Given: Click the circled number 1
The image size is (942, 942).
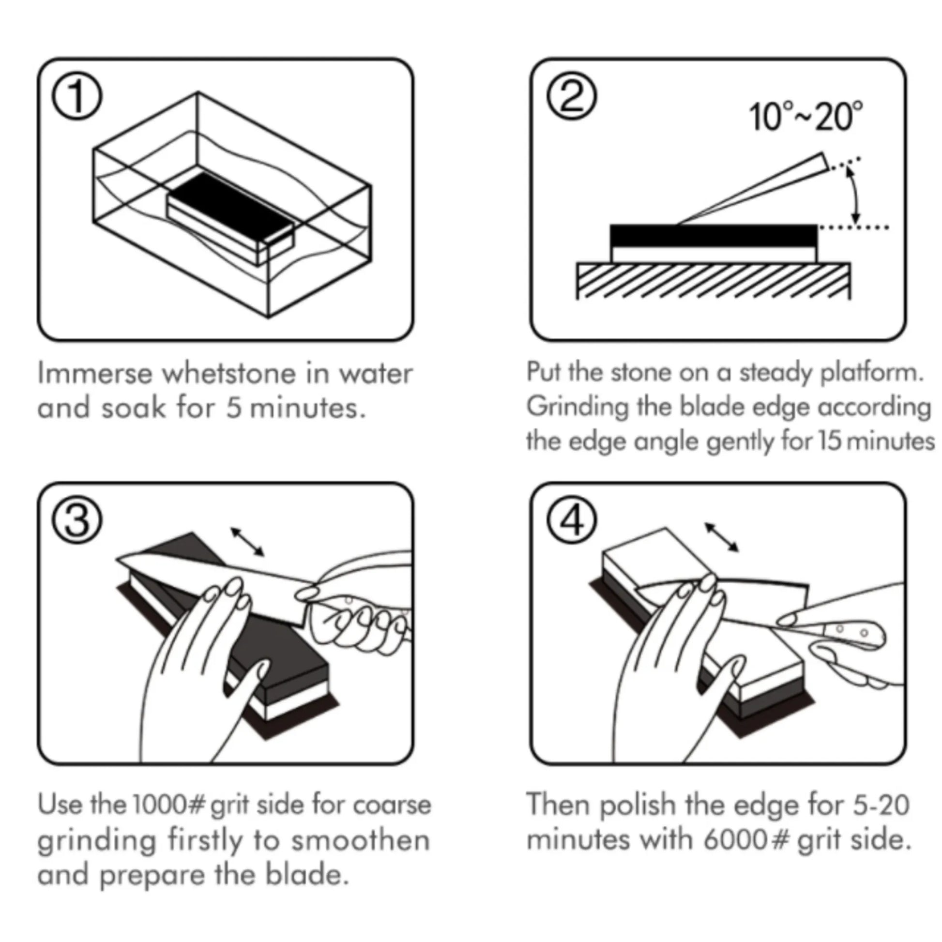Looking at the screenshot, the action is click(x=77, y=96).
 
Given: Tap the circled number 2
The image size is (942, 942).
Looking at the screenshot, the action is click(x=571, y=96).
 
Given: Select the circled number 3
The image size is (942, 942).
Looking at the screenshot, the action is click(x=77, y=521).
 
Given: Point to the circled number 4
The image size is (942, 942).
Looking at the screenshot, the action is click(x=571, y=521).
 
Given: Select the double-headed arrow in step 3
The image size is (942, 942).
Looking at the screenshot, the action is click(x=248, y=541).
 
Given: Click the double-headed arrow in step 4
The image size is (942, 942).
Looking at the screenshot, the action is click(x=722, y=537).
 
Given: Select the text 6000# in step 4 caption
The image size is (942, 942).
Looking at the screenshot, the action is click(x=746, y=840).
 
